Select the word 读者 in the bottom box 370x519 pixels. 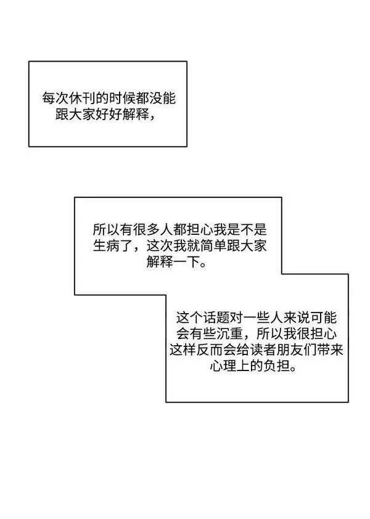pyautogui.click(x=263, y=350)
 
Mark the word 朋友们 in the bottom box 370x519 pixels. pyautogui.click(x=297, y=350)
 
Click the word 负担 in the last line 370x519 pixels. pyautogui.click(x=277, y=366)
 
